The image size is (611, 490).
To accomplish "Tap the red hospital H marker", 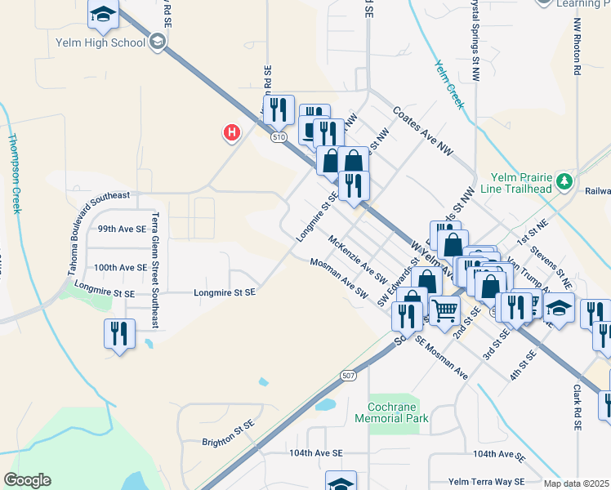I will click(x=233, y=131).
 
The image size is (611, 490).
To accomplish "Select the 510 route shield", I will click(x=280, y=137).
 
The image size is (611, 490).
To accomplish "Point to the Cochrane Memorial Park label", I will click(x=392, y=412).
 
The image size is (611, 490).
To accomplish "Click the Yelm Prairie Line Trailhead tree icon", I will click(x=563, y=180).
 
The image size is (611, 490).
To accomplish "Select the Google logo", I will click(x=27, y=480).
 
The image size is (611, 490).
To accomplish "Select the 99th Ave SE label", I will click(x=121, y=229).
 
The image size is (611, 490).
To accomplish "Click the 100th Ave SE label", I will click(x=119, y=267).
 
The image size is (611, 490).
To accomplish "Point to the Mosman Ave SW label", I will click(x=339, y=277).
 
